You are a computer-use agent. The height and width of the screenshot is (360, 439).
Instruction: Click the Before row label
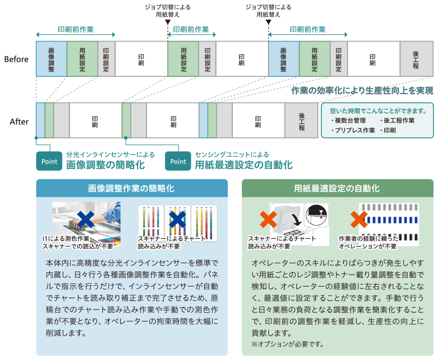click(x=16, y=59)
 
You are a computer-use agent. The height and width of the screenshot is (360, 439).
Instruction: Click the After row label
click(x=19, y=122)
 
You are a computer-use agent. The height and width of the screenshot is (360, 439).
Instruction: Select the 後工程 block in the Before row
click(x=416, y=59)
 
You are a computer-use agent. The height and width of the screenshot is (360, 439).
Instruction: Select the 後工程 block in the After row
click(x=302, y=121)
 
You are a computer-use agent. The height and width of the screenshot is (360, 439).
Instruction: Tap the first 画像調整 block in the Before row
click(x=51, y=59)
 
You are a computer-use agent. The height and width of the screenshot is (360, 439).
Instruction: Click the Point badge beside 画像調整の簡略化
click(x=49, y=161)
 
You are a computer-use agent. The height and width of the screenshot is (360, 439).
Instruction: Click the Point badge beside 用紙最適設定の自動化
click(x=178, y=161)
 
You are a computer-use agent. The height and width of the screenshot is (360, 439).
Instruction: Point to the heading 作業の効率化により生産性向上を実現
click(x=362, y=91)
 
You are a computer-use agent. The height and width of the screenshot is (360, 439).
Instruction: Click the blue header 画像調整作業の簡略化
click(x=131, y=188)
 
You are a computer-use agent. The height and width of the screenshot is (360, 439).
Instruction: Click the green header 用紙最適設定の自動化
click(x=337, y=188)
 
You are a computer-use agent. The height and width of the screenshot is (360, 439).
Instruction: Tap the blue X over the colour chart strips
click(x=177, y=220)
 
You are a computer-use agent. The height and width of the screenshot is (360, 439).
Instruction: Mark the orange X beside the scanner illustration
click(x=268, y=220)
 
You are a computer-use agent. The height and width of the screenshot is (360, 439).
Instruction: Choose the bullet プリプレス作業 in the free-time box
click(x=353, y=130)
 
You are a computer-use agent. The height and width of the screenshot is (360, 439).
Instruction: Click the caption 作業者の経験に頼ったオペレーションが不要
click(x=367, y=242)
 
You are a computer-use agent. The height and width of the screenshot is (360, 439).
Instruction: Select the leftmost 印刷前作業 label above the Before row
click(x=75, y=30)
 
